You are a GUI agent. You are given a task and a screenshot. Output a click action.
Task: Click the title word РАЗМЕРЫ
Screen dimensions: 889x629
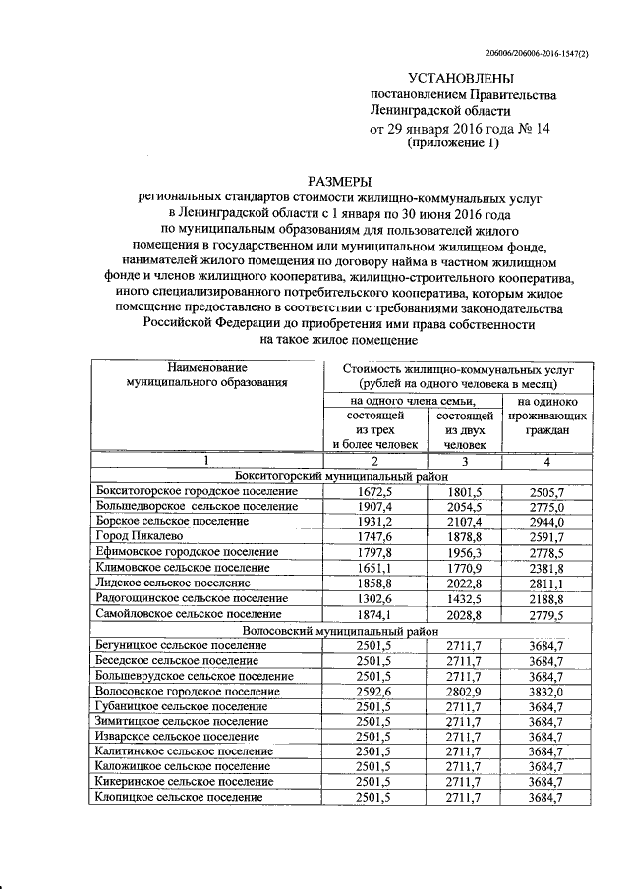(x=340, y=181)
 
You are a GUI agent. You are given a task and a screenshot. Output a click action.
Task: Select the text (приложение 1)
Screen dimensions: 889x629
(x=453, y=143)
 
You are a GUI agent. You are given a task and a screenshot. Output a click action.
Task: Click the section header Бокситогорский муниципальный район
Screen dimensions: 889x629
(x=340, y=475)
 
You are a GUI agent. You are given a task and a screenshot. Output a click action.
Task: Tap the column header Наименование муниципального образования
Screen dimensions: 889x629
(x=207, y=377)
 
